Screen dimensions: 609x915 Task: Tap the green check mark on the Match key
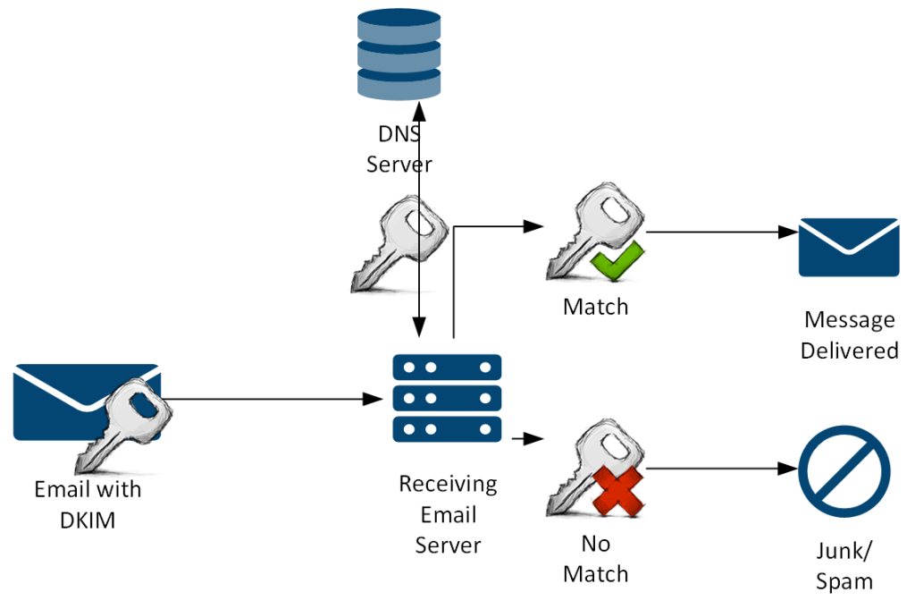pyautogui.click(x=617, y=262)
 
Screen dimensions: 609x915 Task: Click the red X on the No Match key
pyautogui.click(x=619, y=491)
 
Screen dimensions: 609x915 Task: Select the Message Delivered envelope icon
pyautogui.click(x=848, y=247)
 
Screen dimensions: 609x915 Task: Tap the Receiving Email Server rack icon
pyautogui.click(x=447, y=398)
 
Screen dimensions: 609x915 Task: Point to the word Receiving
pyautogui.click(x=448, y=485)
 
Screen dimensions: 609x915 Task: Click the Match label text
pyautogui.click(x=595, y=307)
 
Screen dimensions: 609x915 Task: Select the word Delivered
pyautogui.click(x=849, y=351)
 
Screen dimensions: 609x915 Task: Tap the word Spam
pyautogui.click(x=844, y=581)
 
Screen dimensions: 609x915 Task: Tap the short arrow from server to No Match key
pyautogui.click(x=529, y=439)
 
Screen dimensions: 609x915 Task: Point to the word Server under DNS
pyautogui.click(x=399, y=165)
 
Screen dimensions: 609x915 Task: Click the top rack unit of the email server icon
pyautogui.click(x=447, y=368)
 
